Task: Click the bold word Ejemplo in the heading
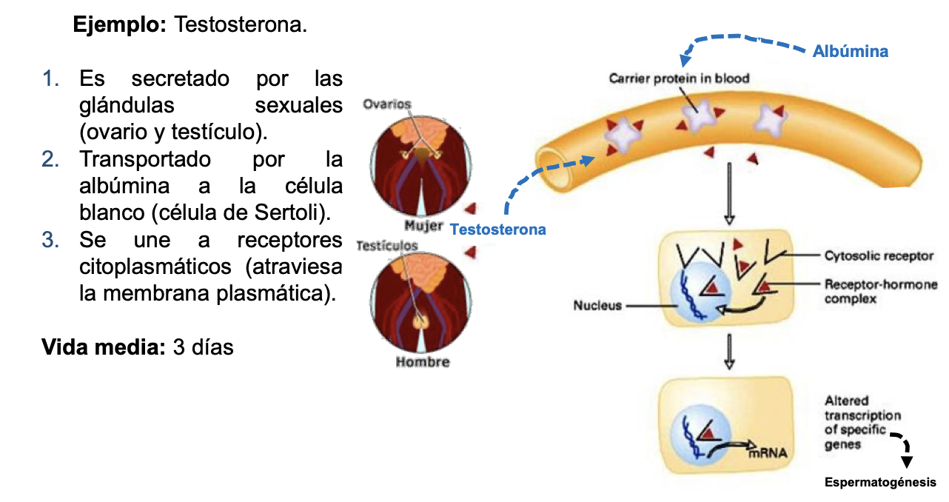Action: pyautogui.click(x=120, y=24)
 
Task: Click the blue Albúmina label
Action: pyautogui.click(x=850, y=51)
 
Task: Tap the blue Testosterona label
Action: pyautogui.click(x=497, y=230)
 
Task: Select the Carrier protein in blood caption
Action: pyautogui.click(x=679, y=78)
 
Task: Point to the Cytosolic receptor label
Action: pyautogui.click(x=879, y=256)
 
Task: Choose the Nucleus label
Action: pyautogui.click(x=597, y=304)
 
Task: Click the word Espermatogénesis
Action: pyautogui.click(x=880, y=483)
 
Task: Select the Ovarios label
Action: pyautogui.click(x=386, y=104)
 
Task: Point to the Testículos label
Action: pyautogui.click(x=386, y=245)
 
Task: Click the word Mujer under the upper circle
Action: pyautogui.click(x=423, y=225)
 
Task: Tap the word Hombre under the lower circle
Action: pyautogui.click(x=422, y=362)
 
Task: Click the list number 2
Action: pyautogui.click(x=50, y=159)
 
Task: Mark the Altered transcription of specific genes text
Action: pyautogui.click(x=852, y=422)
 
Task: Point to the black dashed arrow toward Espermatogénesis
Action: pyautogui.click(x=902, y=445)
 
